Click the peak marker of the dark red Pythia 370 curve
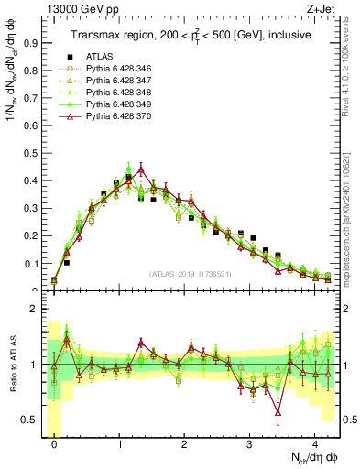coord(141,169)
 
